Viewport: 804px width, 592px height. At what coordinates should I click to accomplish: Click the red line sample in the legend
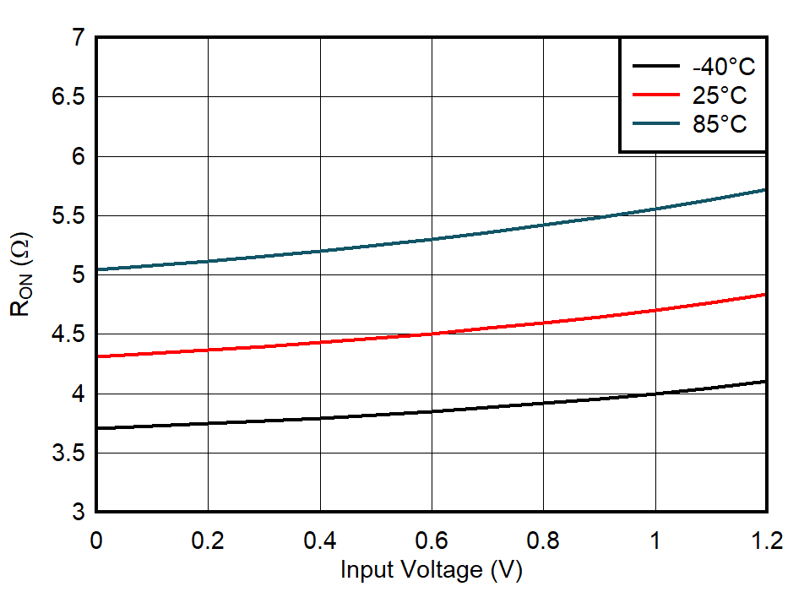coord(655,95)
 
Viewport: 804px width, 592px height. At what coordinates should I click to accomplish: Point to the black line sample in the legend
coord(655,67)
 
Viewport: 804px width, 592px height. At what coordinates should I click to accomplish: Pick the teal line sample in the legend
coord(655,123)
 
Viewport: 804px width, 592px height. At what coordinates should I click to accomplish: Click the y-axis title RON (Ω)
coord(22,274)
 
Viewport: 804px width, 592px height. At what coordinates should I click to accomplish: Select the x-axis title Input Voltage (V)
coord(432,570)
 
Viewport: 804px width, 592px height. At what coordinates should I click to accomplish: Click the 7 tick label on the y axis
coord(79,38)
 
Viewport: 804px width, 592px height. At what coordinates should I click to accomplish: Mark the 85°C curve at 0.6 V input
coord(432,239)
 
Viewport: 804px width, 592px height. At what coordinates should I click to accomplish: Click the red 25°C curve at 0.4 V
coord(320,342)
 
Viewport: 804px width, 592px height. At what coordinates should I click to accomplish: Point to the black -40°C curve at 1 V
coord(655,394)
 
